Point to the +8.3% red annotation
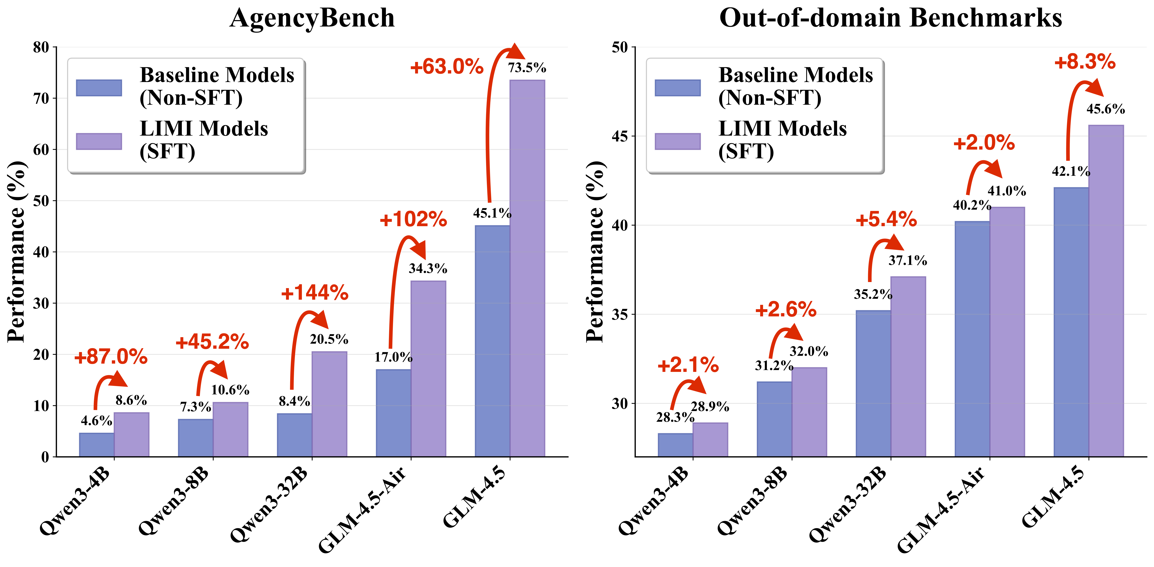[x=1085, y=62]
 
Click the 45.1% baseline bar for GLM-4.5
[x=492, y=341]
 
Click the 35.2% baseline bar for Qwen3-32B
[x=873, y=383]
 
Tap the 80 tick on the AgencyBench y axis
[x=41, y=47]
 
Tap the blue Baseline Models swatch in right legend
[x=677, y=88]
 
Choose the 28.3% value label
[x=675, y=417]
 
